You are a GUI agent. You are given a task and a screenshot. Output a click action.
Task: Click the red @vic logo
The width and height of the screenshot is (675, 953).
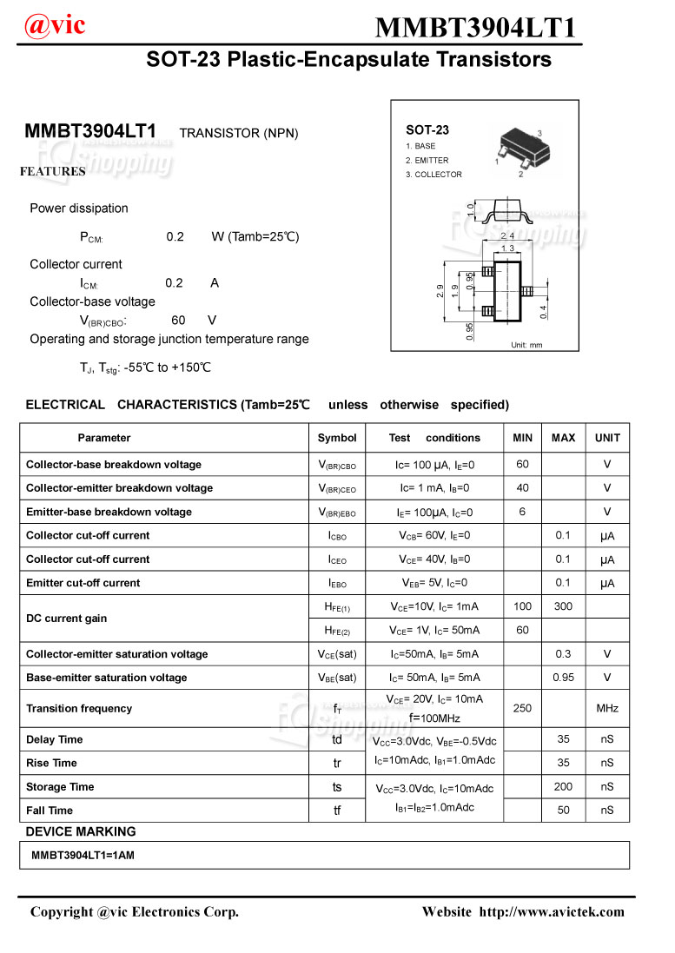(55, 25)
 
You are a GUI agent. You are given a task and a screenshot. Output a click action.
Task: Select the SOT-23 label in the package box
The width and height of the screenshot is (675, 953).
(427, 129)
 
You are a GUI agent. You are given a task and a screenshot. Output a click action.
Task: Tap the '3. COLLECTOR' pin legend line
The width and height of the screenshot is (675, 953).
(433, 175)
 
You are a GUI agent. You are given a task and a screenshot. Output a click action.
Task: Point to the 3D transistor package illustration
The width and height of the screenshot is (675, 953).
(519, 149)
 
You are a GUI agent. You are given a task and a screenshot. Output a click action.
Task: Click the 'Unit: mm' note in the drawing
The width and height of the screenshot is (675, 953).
(526, 345)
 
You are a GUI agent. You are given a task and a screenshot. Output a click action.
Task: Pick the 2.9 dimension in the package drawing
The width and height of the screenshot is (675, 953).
(440, 292)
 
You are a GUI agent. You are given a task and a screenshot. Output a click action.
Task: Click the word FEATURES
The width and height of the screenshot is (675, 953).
(53, 172)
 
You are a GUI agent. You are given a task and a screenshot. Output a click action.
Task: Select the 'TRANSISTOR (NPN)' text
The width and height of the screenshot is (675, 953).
(238, 133)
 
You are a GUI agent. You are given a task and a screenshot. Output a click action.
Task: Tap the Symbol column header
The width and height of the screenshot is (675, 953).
(337, 438)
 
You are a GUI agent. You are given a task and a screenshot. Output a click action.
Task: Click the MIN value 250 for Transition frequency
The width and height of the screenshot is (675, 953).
(522, 708)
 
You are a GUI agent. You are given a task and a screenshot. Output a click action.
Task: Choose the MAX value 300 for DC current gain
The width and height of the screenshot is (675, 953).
(563, 606)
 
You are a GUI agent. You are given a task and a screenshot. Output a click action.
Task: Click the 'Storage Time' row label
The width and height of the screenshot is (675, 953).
(60, 787)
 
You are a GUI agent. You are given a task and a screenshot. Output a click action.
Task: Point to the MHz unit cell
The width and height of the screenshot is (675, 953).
(607, 708)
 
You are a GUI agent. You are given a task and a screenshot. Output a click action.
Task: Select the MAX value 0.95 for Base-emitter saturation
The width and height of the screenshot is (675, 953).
(563, 678)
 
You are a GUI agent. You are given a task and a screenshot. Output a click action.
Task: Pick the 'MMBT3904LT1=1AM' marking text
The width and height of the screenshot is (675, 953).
(83, 856)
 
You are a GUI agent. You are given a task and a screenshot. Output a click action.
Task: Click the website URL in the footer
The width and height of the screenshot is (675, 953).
(552, 911)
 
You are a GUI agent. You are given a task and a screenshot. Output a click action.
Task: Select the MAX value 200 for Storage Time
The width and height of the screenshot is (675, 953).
(563, 787)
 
